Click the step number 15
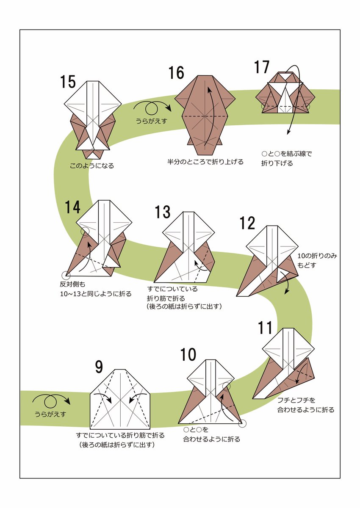coord(68,81)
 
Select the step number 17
coord(262,68)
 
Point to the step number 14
coord(72,207)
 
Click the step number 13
coord(162,212)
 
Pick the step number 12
coord(247,223)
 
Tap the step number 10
coord(188,355)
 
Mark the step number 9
coord(99,367)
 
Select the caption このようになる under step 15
coord(92,166)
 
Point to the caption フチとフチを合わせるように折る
coord(305,405)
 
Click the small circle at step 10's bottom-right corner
coord(242,423)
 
